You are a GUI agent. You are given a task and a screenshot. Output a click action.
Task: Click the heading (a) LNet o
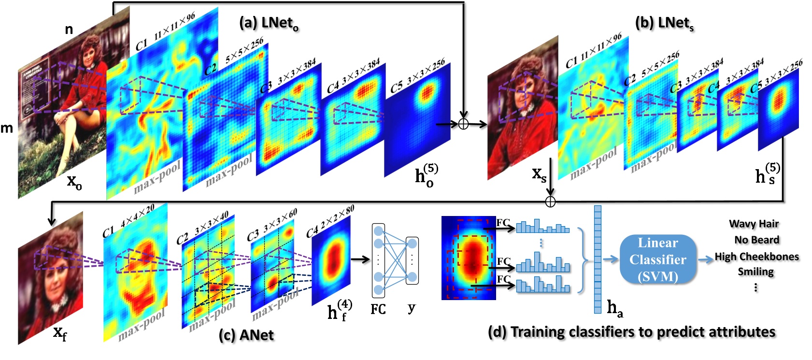pyautogui.click(x=269, y=23)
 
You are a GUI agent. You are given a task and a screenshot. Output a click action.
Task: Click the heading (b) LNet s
pyautogui.click(x=664, y=23)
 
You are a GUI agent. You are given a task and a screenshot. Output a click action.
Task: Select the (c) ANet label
pyautogui.click(x=246, y=335)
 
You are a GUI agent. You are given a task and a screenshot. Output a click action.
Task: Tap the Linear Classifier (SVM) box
pyautogui.click(x=657, y=259)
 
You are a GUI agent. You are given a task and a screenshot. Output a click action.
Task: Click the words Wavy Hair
pyautogui.click(x=754, y=224)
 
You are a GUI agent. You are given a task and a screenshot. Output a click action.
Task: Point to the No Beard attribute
pyautogui.click(x=756, y=240)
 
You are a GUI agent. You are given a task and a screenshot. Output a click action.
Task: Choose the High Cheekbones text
pyautogui.click(x=757, y=257)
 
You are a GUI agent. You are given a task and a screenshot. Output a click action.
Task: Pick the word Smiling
pyautogui.click(x=755, y=272)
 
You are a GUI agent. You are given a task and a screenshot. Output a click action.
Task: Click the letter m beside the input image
pyautogui.click(x=7, y=129)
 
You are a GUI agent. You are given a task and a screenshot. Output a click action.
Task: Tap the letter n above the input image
pyautogui.click(x=69, y=30)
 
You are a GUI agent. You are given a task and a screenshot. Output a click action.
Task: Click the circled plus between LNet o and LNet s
pyautogui.click(x=463, y=124)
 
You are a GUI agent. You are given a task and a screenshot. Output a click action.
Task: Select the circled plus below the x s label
pyautogui.click(x=550, y=201)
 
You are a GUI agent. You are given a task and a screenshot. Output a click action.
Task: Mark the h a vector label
pyautogui.click(x=614, y=308)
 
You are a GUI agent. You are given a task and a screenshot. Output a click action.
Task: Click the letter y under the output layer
pyautogui.click(x=411, y=307)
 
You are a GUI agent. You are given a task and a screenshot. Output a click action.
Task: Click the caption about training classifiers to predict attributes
pyautogui.click(x=631, y=332)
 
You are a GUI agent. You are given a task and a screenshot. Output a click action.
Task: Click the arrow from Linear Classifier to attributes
pyautogui.click(x=707, y=259)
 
